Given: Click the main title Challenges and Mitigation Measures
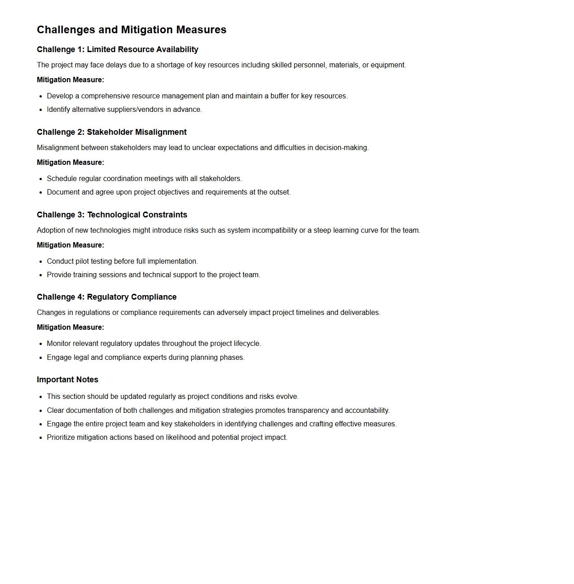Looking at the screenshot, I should pos(132,30).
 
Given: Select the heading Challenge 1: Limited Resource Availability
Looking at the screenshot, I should pos(118,49).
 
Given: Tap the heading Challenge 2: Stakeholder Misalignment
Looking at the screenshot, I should pos(112,132).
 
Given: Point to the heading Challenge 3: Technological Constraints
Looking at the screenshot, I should pos(112,215).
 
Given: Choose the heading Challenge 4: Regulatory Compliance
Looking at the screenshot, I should pos(106,297).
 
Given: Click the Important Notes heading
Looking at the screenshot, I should pos(67,380).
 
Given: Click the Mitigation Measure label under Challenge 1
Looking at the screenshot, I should pos(71,80).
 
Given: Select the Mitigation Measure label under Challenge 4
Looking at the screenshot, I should pos(71,327).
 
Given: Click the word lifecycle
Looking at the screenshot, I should pos(247,344).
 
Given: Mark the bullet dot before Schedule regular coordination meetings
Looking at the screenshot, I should pos(41,179).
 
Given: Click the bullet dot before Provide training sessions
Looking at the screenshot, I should pos(41,275).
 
